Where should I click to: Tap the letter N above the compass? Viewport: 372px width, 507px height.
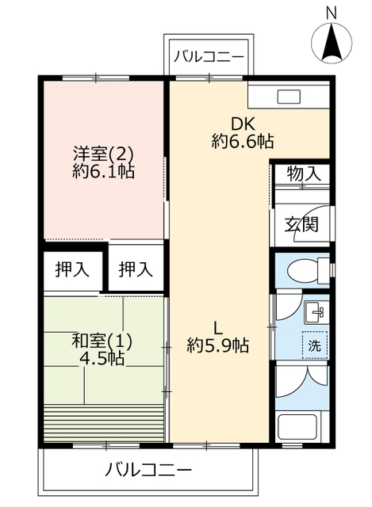tap(332, 13)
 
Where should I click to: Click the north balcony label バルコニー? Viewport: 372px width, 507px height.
tap(209, 57)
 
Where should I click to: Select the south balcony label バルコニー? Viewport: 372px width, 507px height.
tap(148, 470)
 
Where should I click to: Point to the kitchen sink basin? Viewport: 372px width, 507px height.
tap(289, 97)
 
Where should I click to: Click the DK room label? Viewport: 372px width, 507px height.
tap(243, 124)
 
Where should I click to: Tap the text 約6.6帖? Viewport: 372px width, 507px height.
tap(243, 141)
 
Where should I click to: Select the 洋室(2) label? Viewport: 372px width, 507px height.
tap(103, 154)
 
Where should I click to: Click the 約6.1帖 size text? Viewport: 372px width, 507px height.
tap(103, 171)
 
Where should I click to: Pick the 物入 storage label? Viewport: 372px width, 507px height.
tap(304, 173)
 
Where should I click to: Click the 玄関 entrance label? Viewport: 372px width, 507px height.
tap(301, 224)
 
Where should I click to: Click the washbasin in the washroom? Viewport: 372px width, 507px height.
tap(316, 312)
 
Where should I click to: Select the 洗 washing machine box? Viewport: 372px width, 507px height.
tap(315, 345)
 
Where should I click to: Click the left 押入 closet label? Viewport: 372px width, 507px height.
tap(72, 269)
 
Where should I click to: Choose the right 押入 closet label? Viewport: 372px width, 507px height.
tap(136, 269)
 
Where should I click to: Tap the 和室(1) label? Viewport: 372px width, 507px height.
tap(102, 341)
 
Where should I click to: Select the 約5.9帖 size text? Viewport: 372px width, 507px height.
tap(218, 346)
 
